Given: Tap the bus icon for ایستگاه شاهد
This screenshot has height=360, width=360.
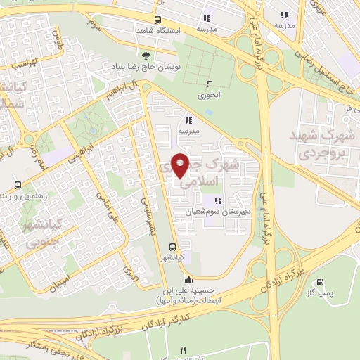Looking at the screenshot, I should coord(157,20).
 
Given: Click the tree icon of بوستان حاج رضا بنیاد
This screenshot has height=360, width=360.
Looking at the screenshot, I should coord(146,54).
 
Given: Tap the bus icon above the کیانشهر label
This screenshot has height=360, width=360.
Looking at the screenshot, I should coord(172,246).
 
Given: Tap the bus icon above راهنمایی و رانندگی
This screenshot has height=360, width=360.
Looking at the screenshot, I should coord(18,186).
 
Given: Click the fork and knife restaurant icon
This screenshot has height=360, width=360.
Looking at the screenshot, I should coord(184,349).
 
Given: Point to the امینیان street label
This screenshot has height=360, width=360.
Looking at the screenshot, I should coord(59,280).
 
